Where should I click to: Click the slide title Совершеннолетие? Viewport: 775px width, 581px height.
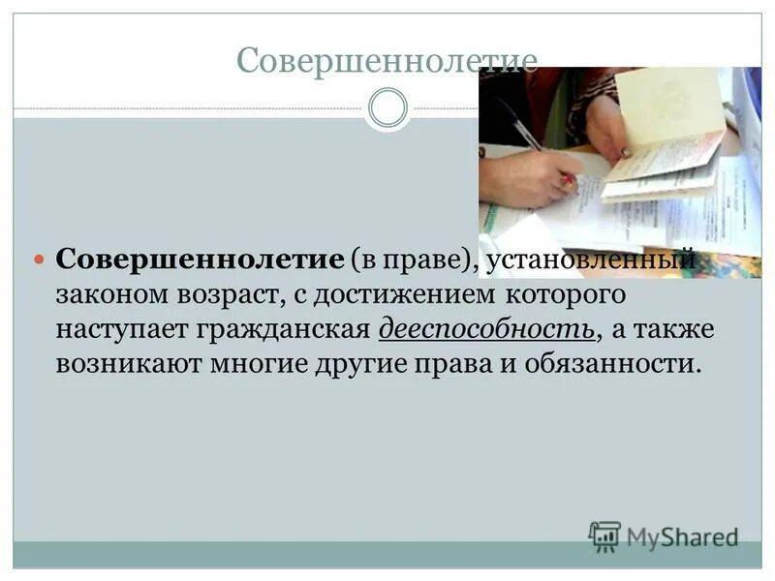[x=387, y=62]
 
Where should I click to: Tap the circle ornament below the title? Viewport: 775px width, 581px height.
[x=388, y=107]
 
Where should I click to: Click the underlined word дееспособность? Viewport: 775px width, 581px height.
[x=486, y=329]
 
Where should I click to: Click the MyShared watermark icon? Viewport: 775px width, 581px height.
[x=604, y=536]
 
